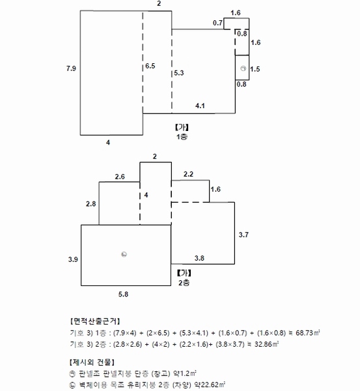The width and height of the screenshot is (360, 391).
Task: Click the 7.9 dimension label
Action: [71, 68]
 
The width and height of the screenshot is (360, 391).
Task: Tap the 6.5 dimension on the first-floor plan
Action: [150, 66]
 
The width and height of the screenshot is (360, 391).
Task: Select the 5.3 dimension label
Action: [179, 73]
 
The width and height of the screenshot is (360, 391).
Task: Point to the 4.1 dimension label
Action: [200, 106]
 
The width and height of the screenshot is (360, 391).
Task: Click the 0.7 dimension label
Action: [217, 23]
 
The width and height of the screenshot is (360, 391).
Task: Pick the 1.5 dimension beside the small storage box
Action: [255, 69]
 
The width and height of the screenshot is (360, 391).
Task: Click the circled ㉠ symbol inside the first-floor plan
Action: [243, 68]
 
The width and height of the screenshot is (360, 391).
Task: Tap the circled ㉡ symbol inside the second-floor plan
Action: [124, 254]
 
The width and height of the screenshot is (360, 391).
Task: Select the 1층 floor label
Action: [182, 137]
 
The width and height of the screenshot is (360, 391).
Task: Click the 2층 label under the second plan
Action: [184, 283]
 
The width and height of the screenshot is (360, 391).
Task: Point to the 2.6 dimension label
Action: [120, 177]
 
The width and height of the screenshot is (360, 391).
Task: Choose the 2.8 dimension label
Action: [91, 204]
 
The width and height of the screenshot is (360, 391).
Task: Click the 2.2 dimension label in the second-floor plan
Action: [188, 174]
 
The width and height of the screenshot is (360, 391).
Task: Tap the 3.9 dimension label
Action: [73, 259]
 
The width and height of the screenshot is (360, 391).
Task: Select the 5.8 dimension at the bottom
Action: [123, 295]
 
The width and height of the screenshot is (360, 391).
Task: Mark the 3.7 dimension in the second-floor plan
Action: [243, 235]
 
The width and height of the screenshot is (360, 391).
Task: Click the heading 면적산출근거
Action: [95, 321]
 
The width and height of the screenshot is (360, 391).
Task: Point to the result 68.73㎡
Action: [308, 333]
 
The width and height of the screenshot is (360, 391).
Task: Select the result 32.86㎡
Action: [266, 344]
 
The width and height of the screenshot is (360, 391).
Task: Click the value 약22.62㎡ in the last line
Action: [210, 384]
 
